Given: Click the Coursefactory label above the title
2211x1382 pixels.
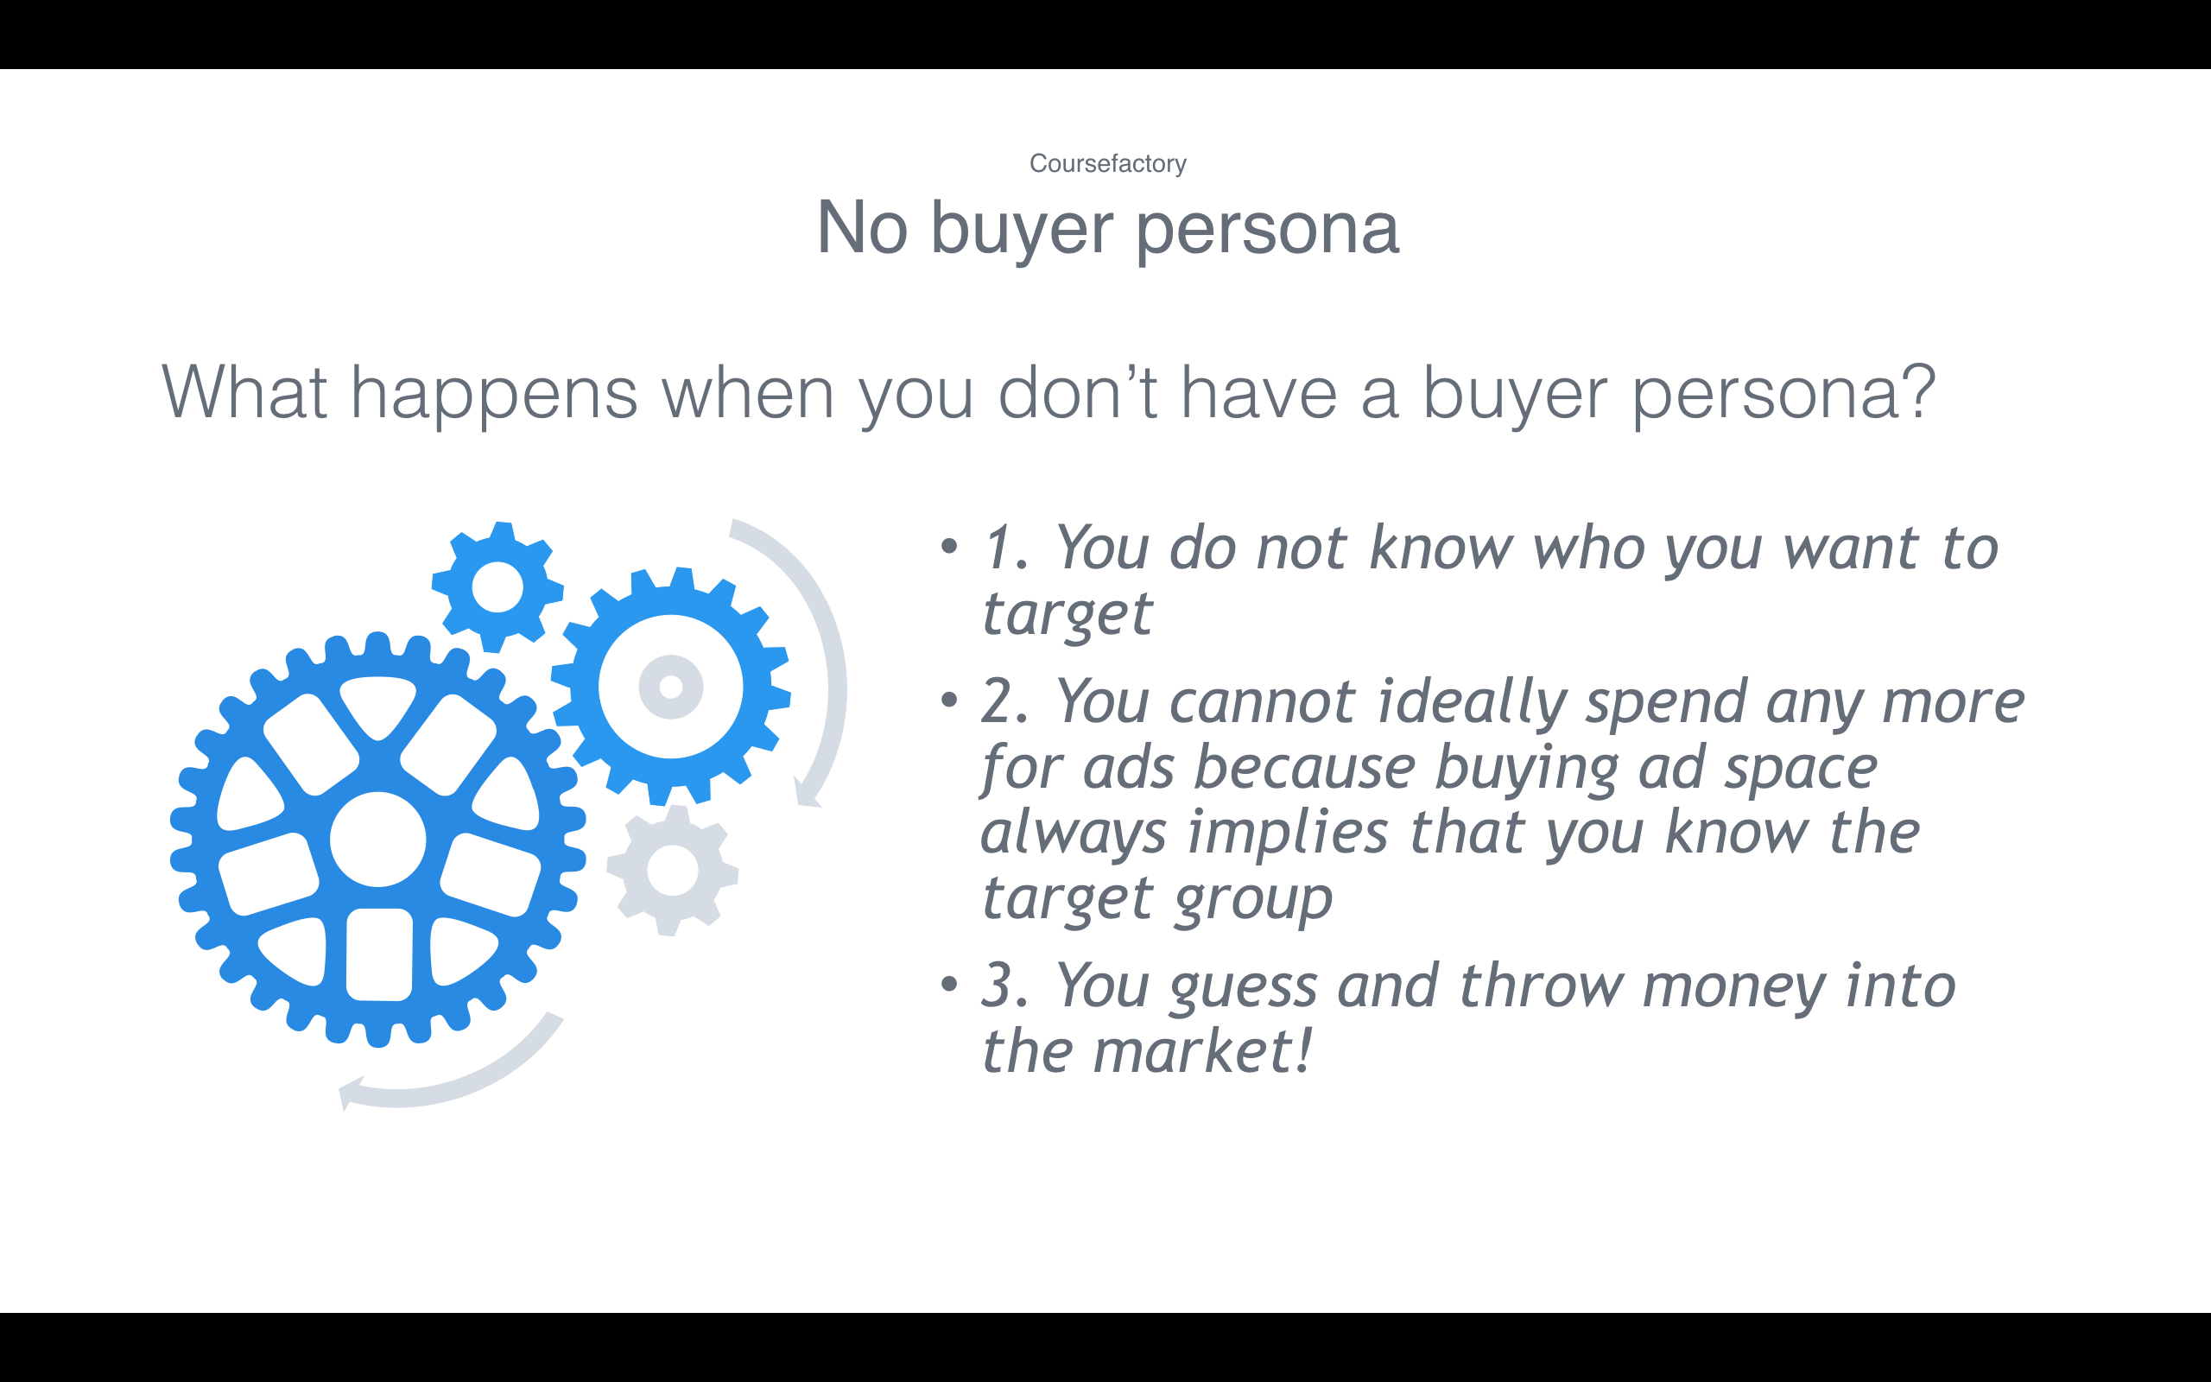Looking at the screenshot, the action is click(1107, 163).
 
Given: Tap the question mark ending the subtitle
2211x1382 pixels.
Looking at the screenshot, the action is click(1916, 390).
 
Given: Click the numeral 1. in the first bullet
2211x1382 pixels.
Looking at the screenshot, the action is click(1005, 548).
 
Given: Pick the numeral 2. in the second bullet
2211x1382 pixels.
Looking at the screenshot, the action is click(1005, 702).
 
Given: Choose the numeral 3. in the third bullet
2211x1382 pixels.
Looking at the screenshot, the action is click(1005, 986).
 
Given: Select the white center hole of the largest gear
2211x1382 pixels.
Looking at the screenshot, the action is click(377, 839).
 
